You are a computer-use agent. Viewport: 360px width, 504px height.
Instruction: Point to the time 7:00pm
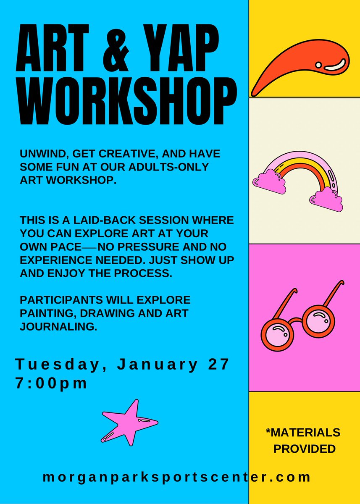(x=52, y=383)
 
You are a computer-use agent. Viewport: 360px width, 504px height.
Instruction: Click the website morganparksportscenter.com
(x=176, y=477)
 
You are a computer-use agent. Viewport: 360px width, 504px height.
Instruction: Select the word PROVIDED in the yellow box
(x=305, y=449)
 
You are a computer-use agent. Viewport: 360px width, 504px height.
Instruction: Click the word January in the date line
(x=158, y=365)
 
